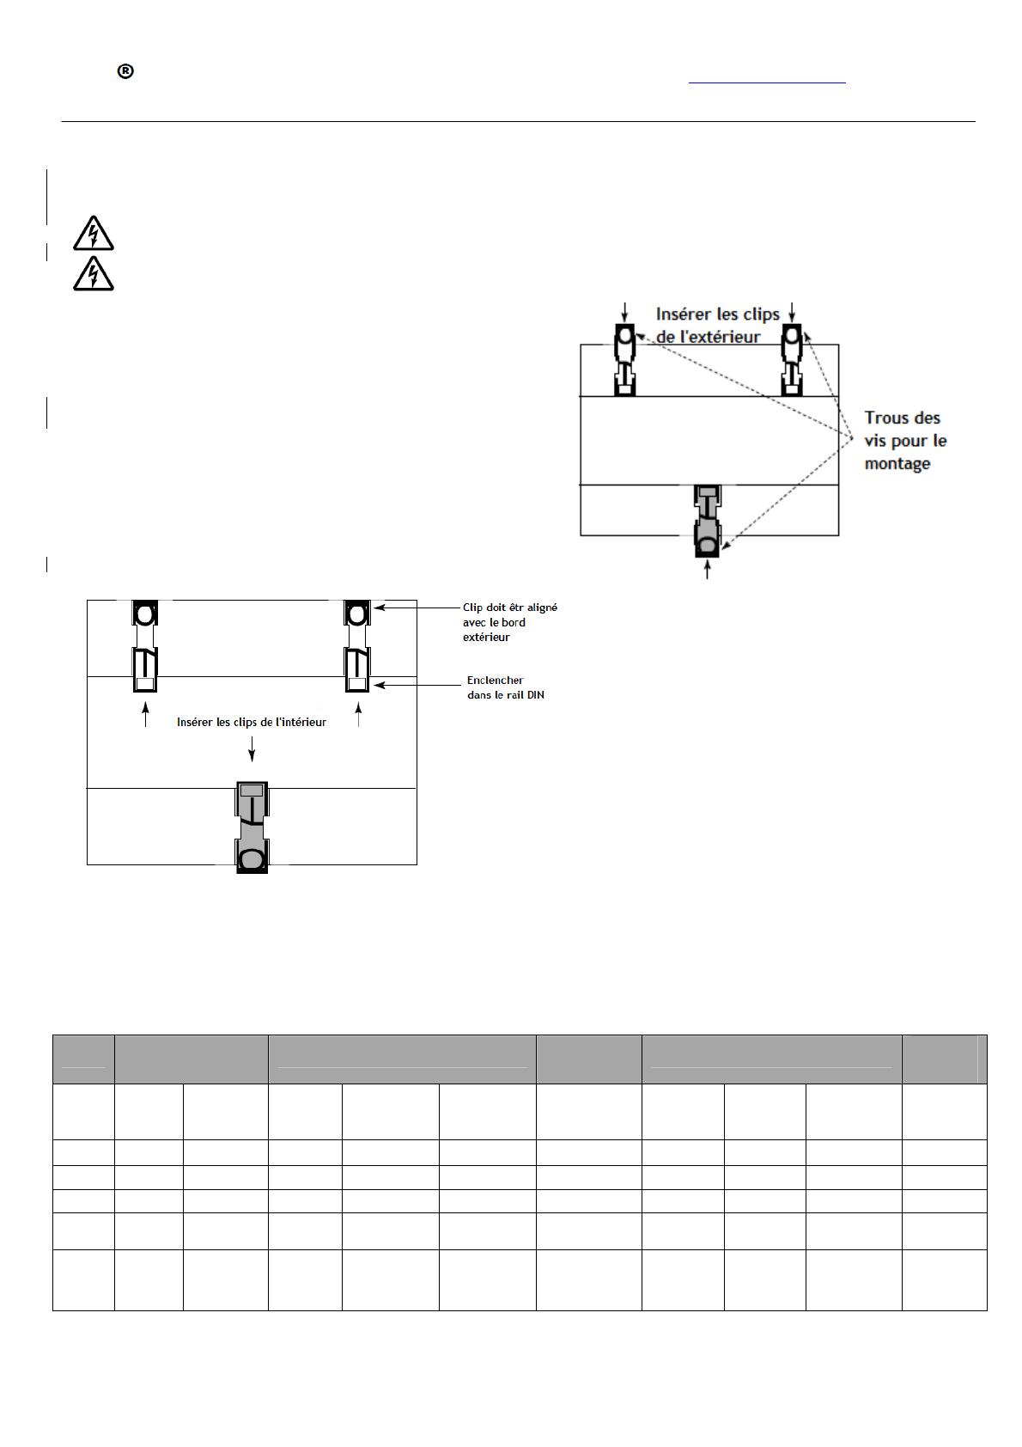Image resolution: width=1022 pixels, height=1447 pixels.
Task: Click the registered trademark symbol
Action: coord(125,71)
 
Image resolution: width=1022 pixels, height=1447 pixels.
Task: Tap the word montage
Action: coord(897,465)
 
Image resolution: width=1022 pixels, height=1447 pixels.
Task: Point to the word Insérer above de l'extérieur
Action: coord(682,314)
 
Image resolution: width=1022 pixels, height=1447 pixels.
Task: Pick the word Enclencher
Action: coord(496,681)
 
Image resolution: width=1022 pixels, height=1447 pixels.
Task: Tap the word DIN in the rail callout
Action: coord(535,695)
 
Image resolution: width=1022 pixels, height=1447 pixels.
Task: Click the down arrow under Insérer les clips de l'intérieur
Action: coord(252,748)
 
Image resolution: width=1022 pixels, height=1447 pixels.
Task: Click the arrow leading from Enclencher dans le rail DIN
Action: coord(417,685)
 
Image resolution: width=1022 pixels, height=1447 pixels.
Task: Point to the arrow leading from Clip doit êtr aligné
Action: coord(417,607)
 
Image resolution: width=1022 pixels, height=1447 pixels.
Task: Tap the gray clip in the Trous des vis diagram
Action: coord(708,521)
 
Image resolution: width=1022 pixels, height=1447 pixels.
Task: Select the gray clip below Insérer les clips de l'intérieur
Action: coord(252,827)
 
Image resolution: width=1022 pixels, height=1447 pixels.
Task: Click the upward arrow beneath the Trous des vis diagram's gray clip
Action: coord(708,569)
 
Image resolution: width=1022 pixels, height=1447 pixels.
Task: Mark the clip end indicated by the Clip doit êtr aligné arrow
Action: coord(357,613)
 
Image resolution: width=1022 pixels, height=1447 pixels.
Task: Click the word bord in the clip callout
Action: coord(514,623)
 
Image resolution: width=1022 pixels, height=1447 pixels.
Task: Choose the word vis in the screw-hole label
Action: coord(875,441)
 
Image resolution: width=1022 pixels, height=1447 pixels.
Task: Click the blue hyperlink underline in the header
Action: coord(767,83)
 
